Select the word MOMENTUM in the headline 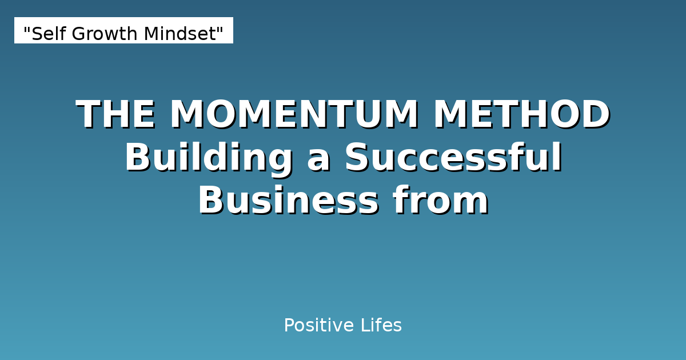coord(294,114)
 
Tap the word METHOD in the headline coord(521,114)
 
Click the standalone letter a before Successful coord(319,158)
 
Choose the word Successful coord(453,158)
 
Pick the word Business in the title coord(288,201)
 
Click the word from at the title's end coord(440,201)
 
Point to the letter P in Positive coord(289,326)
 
